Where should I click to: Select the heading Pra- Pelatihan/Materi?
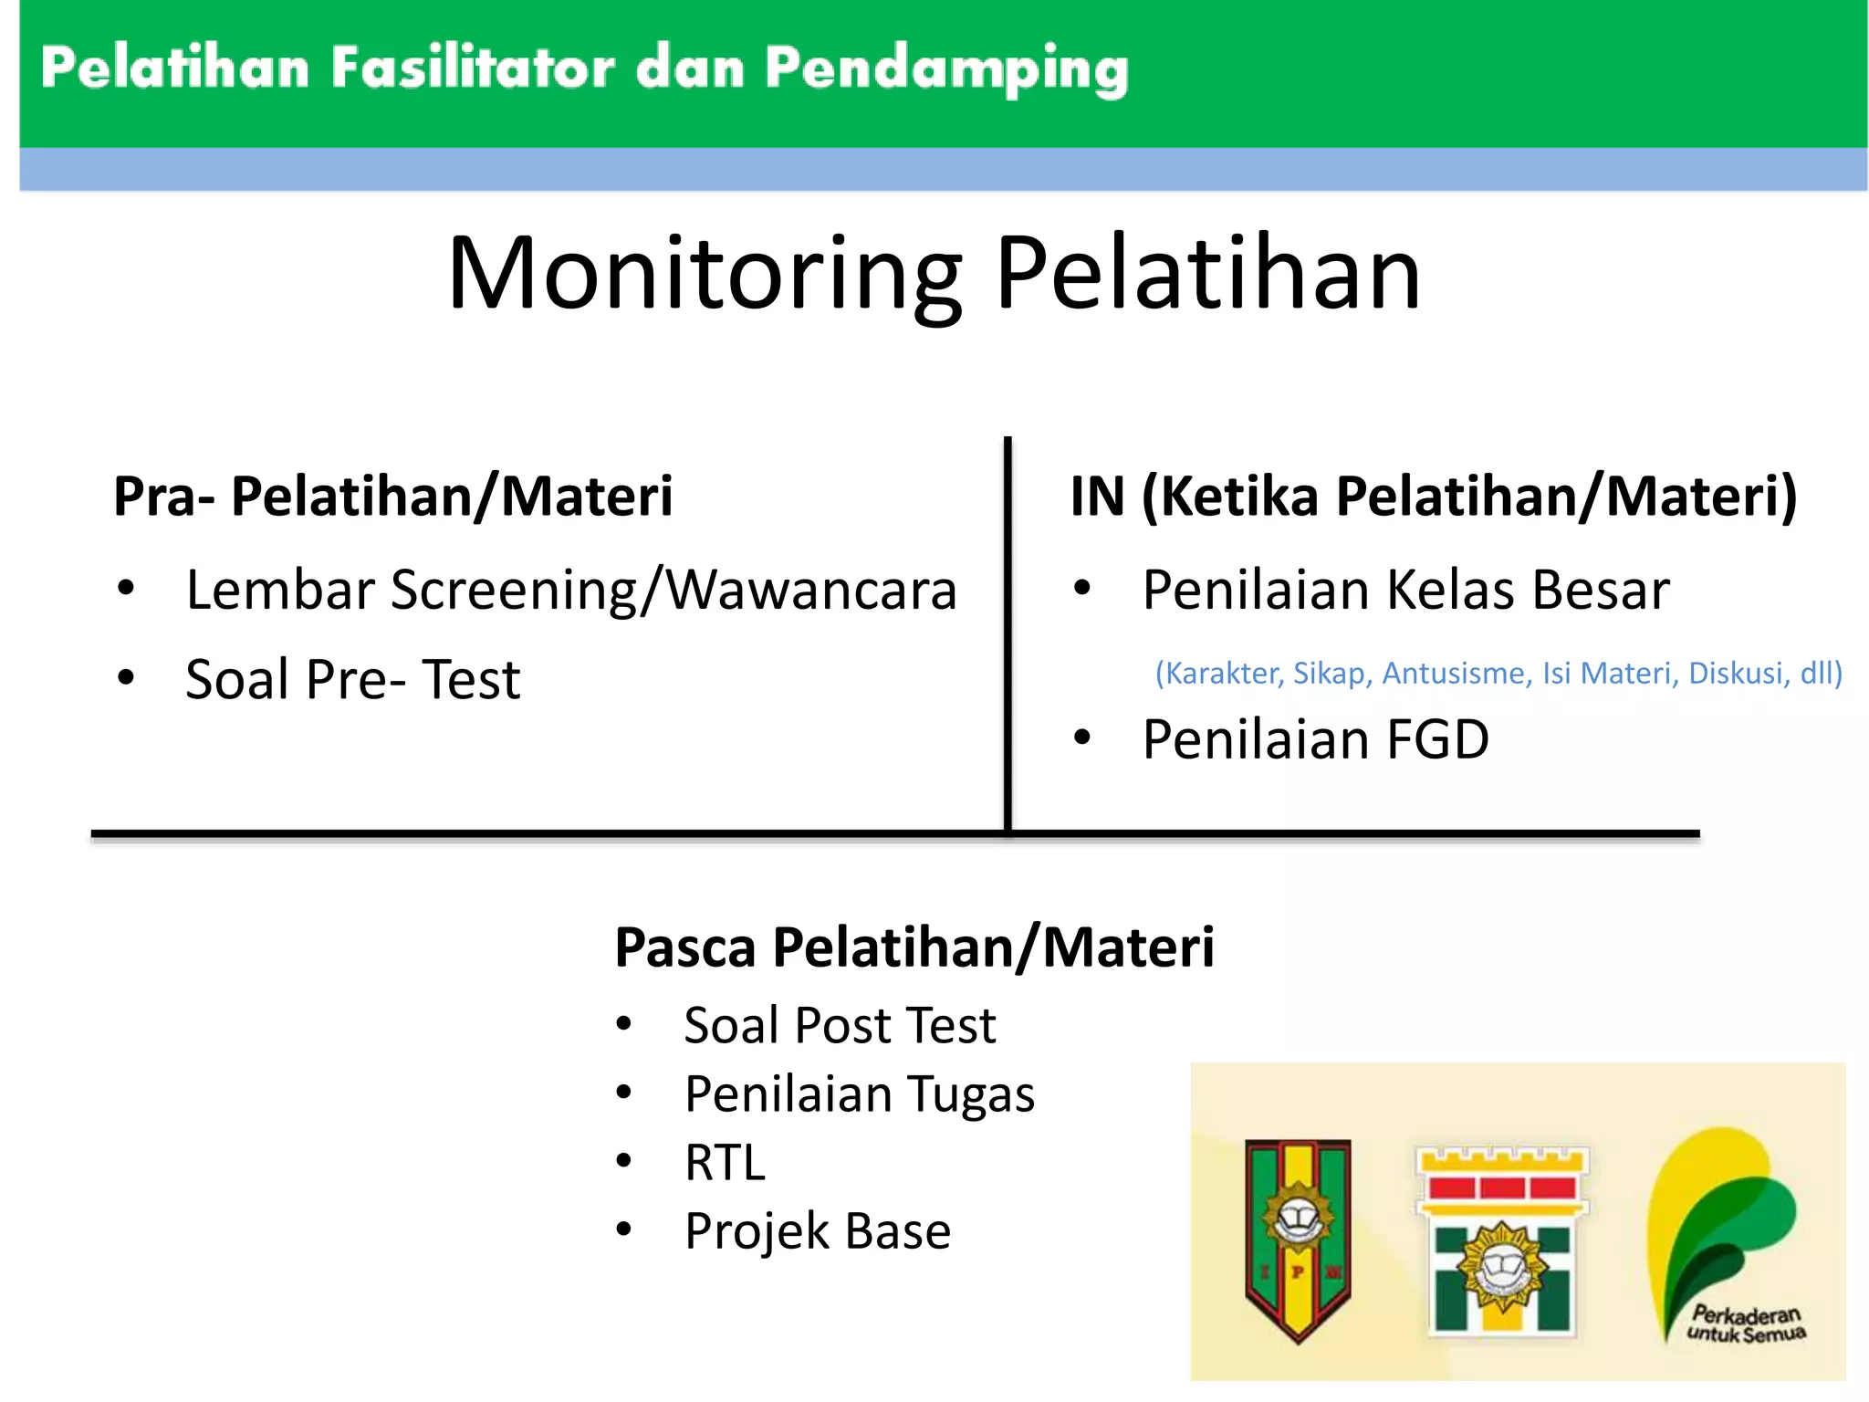click(392, 497)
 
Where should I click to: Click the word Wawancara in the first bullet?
click(811, 590)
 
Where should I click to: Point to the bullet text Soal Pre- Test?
click(352, 680)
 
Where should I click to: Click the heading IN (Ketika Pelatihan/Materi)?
click(1433, 497)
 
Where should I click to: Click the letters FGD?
click(1437, 739)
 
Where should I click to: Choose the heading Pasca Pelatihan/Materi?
click(914, 947)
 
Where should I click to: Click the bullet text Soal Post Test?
click(840, 1025)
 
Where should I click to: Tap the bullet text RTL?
click(725, 1163)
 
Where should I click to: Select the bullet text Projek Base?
click(818, 1231)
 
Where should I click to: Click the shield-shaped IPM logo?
click(1298, 1237)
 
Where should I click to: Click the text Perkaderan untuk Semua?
click(1745, 1324)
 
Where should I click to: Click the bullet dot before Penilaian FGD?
click(1082, 738)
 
